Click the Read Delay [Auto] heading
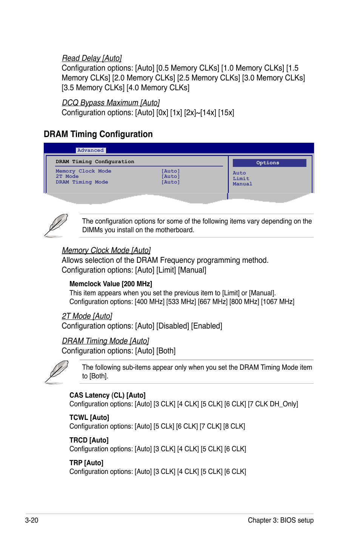(x=92, y=58)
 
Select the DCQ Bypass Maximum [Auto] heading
(x=111, y=103)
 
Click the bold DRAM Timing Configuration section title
(x=98, y=134)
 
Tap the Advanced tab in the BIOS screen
(x=91, y=150)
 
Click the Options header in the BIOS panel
(x=268, y=163)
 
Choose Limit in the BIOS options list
(x=241, y=179)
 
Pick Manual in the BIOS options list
(x=242, y=184)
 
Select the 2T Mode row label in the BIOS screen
(x=67, y=176)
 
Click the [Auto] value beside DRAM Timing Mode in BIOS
(x=171, y=182)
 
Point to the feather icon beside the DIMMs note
(x=56, y=225)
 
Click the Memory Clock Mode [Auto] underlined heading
(x=106, y=250)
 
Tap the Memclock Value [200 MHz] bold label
(x=111, y=284)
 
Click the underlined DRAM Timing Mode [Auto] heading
(x=105, y=341)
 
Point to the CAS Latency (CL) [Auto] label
(x=107, y=395)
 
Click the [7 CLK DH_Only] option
(x=273, y=404)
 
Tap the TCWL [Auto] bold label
(x=89, y=418)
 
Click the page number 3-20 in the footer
(x=32, y=520)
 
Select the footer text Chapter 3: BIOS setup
(x=280, y=520)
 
